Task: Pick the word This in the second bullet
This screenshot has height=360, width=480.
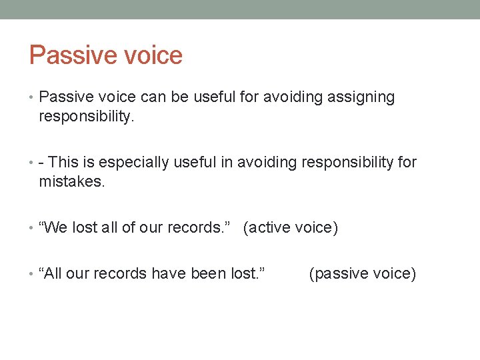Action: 63,162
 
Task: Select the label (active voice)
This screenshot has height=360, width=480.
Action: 291,227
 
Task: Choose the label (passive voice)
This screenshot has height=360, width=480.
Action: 363,273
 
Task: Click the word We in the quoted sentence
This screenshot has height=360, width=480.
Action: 55,227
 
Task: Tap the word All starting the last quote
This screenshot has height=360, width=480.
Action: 53,273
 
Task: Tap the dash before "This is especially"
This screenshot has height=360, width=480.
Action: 42,163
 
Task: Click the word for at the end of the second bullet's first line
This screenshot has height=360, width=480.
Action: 407,162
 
